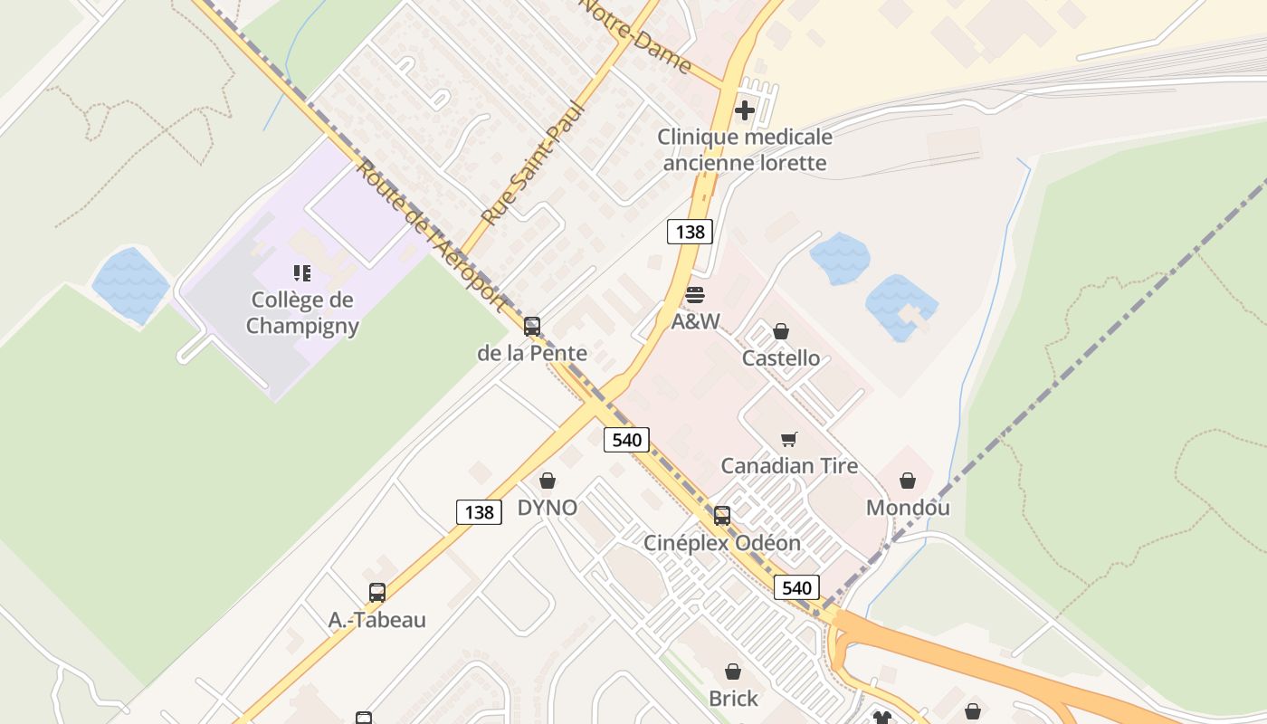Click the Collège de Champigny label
(302, 313)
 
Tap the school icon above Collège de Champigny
(302, 272)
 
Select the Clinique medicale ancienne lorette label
(744, 150)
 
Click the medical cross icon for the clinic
(745, 110)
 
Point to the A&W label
(696, 321)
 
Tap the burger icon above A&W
(696, 295)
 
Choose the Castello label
(781, 358)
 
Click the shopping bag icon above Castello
(781, 332)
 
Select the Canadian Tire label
(789, 466)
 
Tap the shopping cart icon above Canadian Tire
(789, 440)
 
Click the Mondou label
(908, 508)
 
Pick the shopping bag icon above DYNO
(548, 481)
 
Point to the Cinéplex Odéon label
(722, 543)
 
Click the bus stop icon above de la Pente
(532, 327)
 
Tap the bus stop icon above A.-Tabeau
(377, 593)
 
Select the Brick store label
(733, 699)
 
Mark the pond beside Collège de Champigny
(130, 284)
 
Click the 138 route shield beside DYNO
(479, 513)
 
